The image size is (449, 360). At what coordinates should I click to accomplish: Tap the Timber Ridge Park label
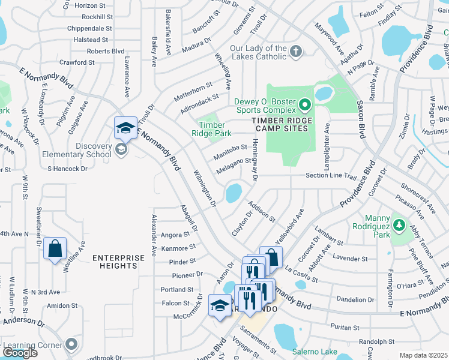point(215,128)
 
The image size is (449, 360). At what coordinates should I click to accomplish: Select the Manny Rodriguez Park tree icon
point(398,226)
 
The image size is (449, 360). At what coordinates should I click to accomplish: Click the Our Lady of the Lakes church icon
point(295,52)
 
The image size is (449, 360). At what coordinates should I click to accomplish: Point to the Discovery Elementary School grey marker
point(121,149)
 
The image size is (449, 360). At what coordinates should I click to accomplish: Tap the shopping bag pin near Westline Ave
point(55,248)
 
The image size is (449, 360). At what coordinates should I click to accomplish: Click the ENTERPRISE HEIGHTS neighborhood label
point(119,262)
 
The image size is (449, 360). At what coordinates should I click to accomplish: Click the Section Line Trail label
point(331,176)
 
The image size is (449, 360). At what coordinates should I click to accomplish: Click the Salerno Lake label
point(312,352)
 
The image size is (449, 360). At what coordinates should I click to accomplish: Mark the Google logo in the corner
point(20,353)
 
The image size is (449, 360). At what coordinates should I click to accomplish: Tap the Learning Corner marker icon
point(72,344)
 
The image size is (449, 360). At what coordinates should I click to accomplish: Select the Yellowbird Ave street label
point(289,223)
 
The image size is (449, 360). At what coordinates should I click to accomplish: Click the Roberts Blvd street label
point(106,52)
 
